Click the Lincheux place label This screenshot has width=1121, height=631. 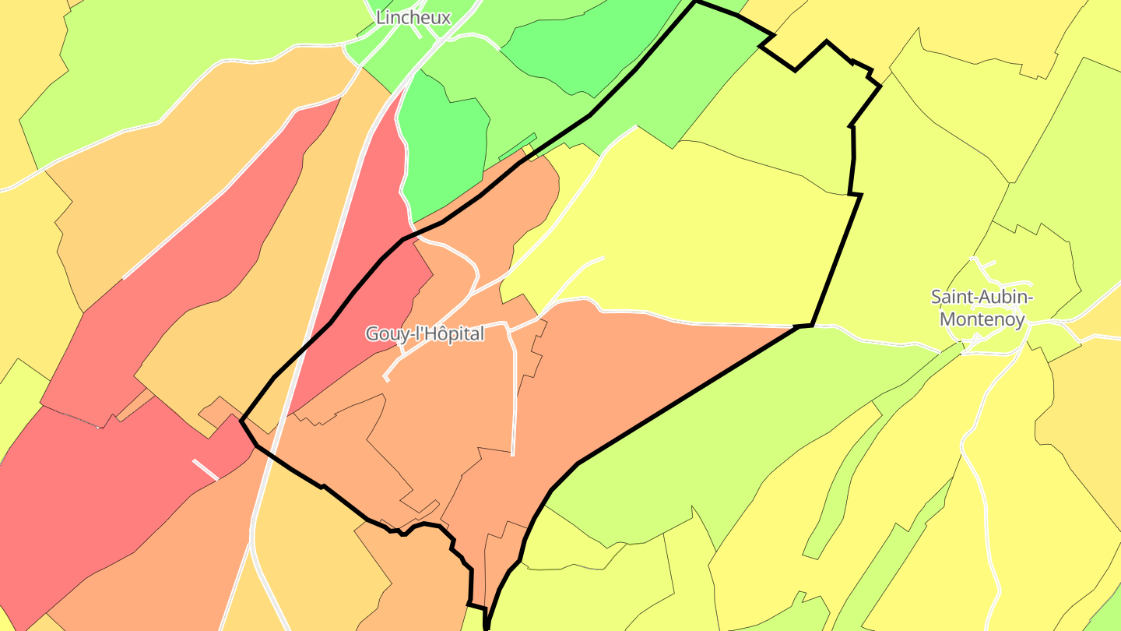pyautogui.click(x=413, y=17)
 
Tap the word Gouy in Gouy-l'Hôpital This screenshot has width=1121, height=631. pyautogui.click(x=384, y=334)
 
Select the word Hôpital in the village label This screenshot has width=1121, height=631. pyautogui.click(x=455, y=334)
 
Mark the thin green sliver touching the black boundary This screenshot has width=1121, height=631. pyautogui.click(x=518, y=146)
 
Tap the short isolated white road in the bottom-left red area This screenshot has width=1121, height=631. pyautogui.click(x=206, y=469)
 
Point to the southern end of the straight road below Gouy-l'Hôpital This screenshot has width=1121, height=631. pyautogui.click(x=512, y=453)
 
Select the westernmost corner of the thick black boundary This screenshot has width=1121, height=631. pyautogui.click(x=242, y=421)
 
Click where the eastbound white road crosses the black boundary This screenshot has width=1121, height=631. pyautogui.click(x=802, y=326)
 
